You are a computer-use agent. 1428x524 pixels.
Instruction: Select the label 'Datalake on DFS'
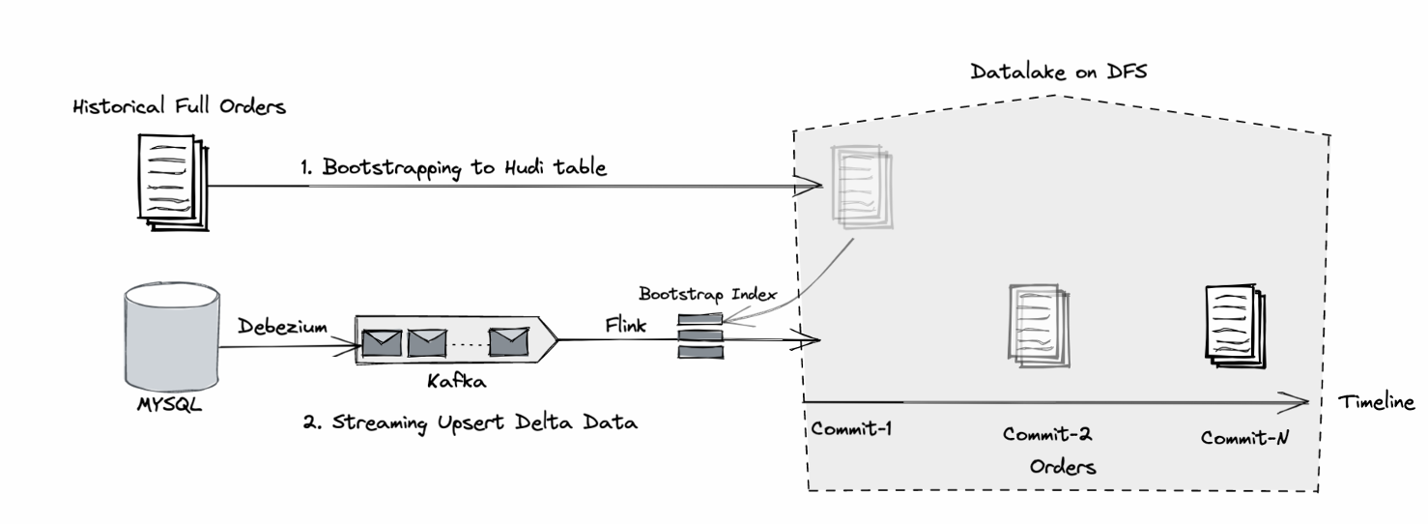point(1058,73)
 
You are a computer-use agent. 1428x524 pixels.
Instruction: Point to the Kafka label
point(455,381)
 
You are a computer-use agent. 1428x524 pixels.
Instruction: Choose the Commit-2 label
point(1048,435)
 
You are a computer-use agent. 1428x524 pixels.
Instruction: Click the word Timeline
point(1376,402)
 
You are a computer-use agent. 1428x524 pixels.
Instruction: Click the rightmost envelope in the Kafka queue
point(508,340)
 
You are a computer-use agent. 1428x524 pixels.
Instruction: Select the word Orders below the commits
point(1062,467)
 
